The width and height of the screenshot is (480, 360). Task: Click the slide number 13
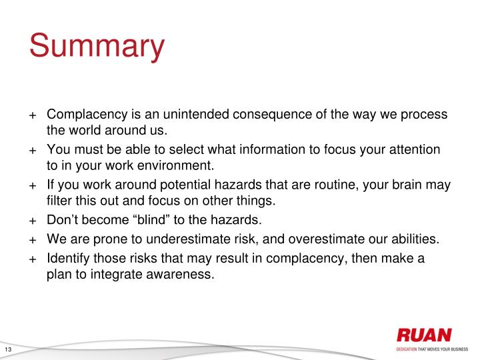tap(9, 351)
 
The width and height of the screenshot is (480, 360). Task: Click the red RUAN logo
tap(423, 335)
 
